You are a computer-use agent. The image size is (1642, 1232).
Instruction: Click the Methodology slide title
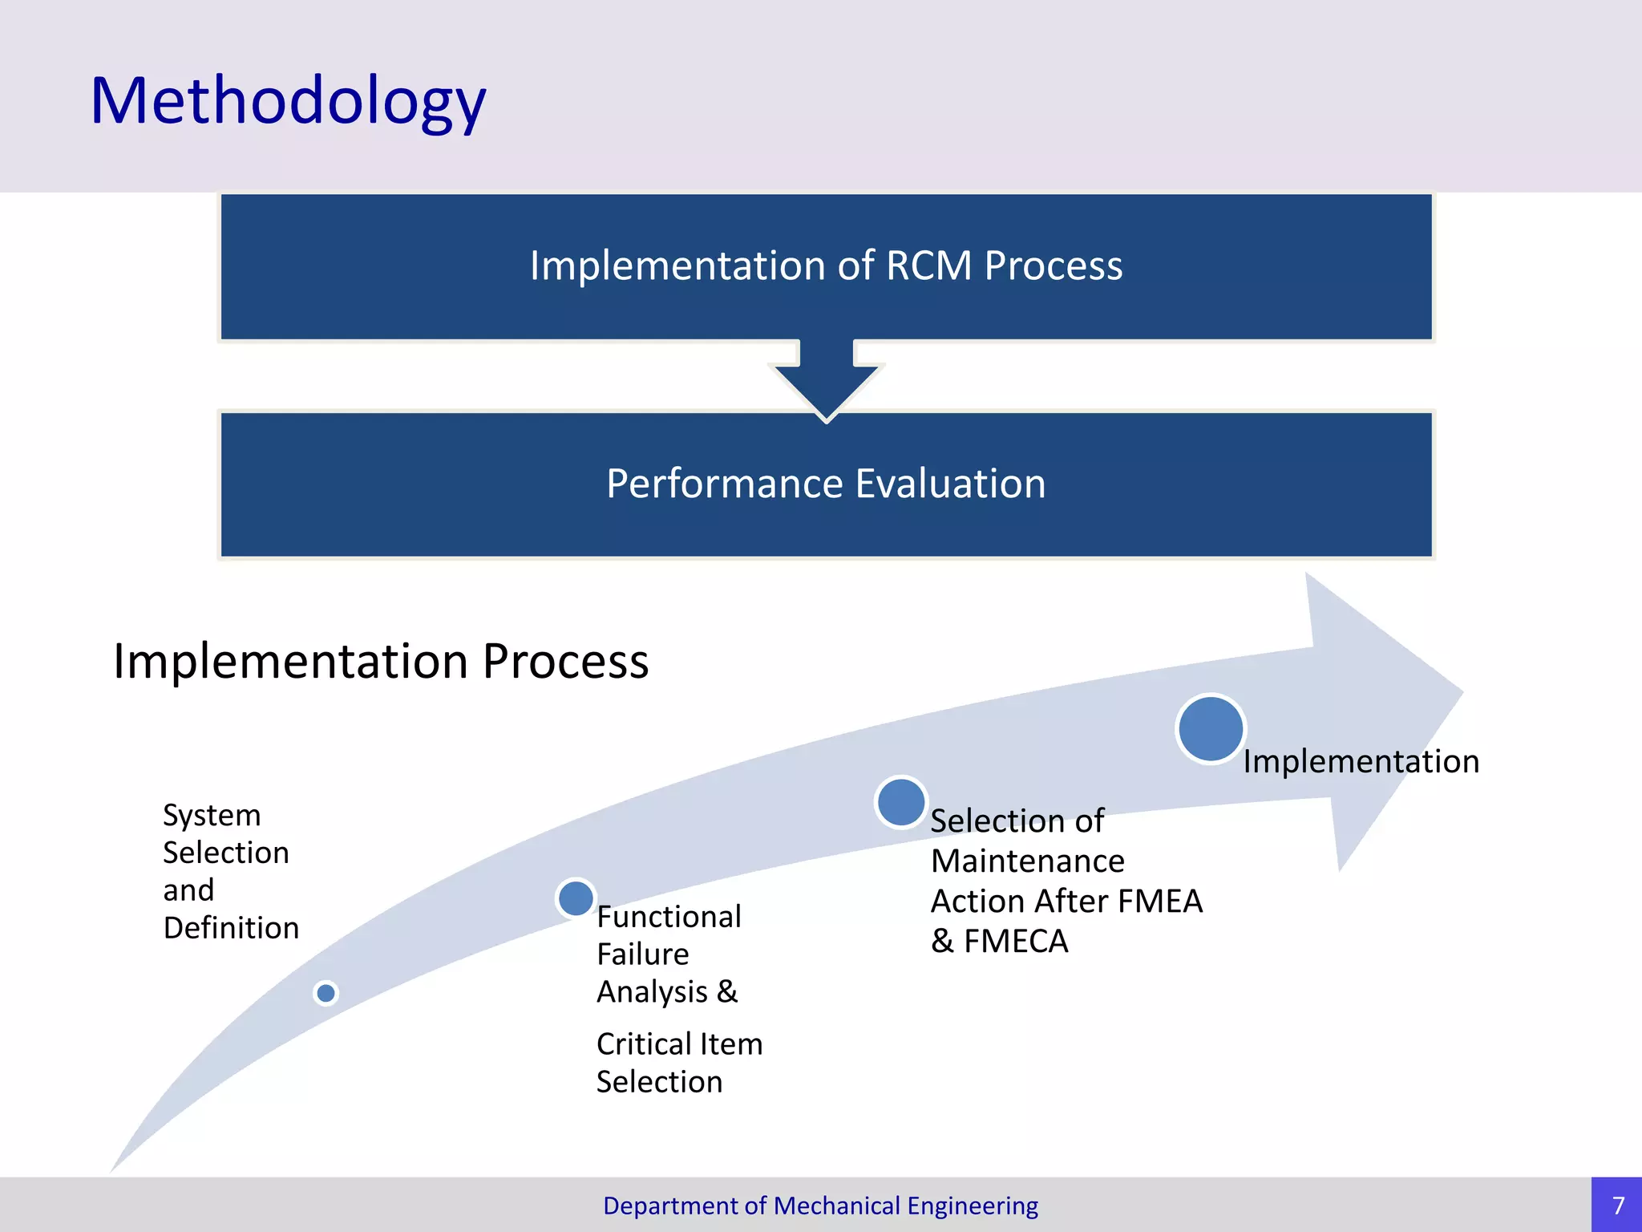click(x=288, y=101)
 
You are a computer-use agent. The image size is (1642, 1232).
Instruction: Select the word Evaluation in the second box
click(x=950, y=484)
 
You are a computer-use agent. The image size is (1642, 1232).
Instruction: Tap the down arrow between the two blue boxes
click(x=827, y=381)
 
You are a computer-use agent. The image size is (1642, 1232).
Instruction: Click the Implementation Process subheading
click(x=381, y=662)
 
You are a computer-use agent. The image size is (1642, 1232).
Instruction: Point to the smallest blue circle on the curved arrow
click(x=326, y=993)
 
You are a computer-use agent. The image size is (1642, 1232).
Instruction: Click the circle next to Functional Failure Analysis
click(x=576, y=898)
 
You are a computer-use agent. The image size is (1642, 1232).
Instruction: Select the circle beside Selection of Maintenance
click(x=901, y=801)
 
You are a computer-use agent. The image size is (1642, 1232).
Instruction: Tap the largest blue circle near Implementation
click(x=1211, y=728)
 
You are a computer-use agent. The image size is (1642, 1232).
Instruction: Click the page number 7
click(x=1618, y=1206)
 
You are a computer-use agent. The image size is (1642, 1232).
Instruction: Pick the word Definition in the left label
click(x=231, y=928)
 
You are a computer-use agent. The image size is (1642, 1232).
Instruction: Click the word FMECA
click(x=1016, y=942)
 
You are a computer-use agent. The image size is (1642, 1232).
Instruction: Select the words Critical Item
click(x=679, y=1044)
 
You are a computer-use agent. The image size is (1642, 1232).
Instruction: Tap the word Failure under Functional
click(x=642, y=954)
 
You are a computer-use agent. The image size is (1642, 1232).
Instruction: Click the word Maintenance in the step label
click(x=1027, y=861)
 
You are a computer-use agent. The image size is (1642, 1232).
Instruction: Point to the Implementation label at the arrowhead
click(x=1361, y=761)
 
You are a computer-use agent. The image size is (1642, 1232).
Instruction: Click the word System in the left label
click(x=212, y=816)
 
